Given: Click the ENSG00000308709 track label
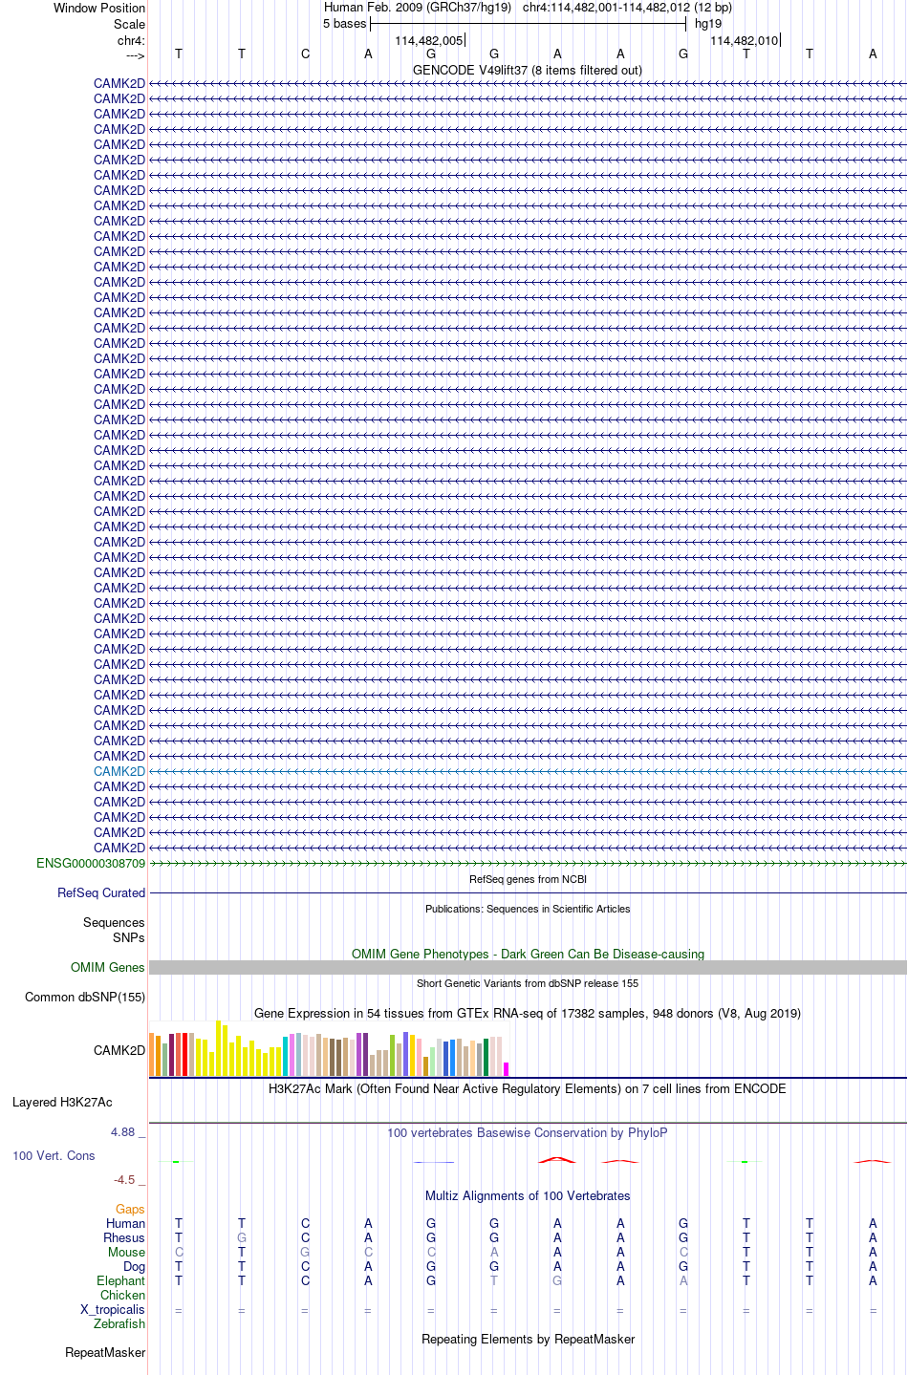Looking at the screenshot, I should click(x=91, y=863).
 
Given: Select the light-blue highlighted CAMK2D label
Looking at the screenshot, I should click(x=119, y=771).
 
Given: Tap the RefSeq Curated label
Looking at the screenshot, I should click(x=101, y=892).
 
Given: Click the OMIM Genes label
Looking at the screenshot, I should click(x=108, y=967).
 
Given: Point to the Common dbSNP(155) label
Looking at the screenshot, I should click(x=85, y=997).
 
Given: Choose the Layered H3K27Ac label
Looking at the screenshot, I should click(x=62, y=1102).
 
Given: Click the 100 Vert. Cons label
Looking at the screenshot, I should click(x=54, y=1155).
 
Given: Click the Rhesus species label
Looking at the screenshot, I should click(x=124, y=1237).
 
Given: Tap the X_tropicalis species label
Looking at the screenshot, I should click(x=113, y=1309).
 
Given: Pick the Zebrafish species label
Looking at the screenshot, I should click(x=119, y=1323).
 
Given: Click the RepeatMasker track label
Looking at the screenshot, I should click(x=105, y=1352).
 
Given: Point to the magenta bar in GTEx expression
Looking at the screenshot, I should click(x=507, y=1069).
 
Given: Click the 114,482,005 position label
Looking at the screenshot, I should click(x=429, y=40).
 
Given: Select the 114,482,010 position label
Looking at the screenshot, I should click(x=745, y=40).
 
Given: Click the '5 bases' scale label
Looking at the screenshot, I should click(x=344, y=24).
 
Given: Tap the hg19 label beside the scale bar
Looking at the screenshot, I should click(x=708, y=24).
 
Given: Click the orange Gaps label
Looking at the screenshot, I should click(x=130, y=1209).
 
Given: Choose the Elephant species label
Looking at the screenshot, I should click(x=121, y=1280).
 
